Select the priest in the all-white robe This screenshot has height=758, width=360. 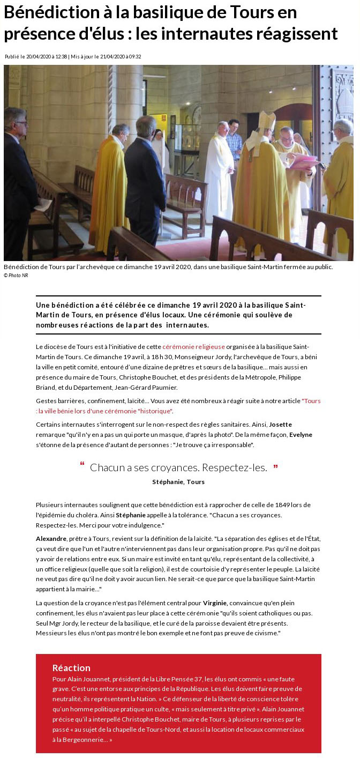click(x=219, y=166)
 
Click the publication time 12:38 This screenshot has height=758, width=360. click(x=59, y=57)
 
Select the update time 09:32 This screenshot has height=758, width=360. click(x=134, y=57)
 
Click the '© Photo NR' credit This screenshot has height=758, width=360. click(x=16, y=275)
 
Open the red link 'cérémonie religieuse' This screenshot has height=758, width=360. click(x=193, y=347)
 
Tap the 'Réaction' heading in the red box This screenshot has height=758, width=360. click(x=71, y=668)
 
